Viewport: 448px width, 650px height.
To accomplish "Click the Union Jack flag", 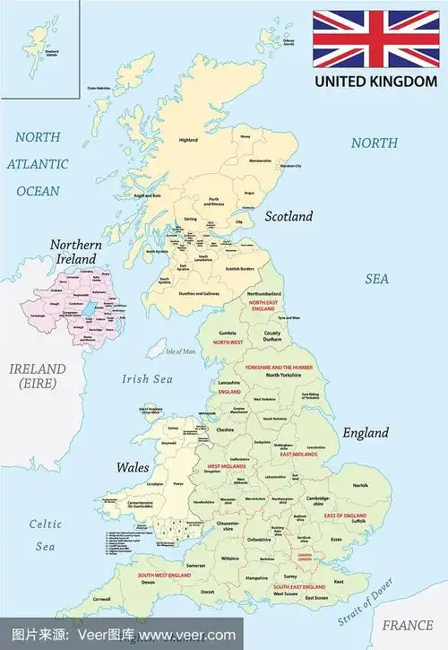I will (376, 39).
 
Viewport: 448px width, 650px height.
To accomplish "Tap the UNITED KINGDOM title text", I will (376, 82).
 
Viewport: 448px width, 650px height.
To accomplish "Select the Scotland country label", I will (289, 216).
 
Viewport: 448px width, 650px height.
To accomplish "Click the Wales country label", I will (132, 467).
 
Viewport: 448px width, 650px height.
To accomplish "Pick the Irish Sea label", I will (146, 378).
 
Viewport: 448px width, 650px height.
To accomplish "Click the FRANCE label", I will (407, 625).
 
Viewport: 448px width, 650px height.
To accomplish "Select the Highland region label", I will (188, 140).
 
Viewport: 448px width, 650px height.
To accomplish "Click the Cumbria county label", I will (228, 331).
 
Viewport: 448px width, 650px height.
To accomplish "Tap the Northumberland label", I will (264, 293).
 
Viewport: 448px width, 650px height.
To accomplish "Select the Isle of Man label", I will (181, 351).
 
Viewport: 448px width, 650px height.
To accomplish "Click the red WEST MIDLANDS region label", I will (228, 467).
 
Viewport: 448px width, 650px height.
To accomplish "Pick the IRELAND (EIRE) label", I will (37, 376).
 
